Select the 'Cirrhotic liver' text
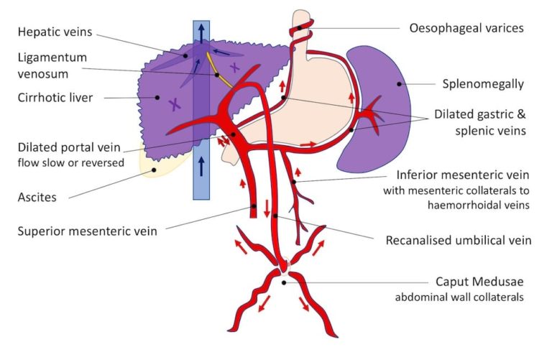[x=57, y=97]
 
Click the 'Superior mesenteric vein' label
[x=87, y=230]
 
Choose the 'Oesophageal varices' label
[x=466, y=29]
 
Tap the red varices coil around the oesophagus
[x=300, y=30]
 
